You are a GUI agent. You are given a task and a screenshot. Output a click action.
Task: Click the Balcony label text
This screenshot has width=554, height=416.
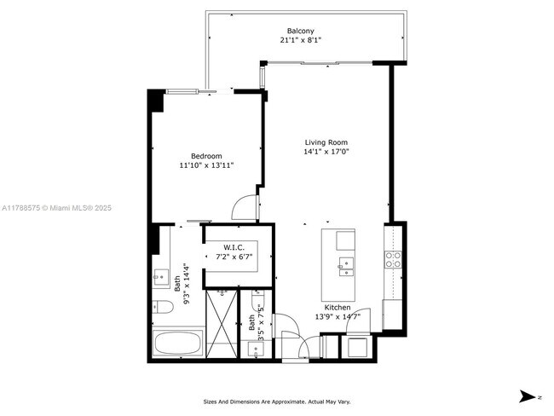300,32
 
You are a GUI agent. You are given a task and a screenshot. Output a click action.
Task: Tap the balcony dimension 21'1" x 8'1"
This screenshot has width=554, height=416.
300,41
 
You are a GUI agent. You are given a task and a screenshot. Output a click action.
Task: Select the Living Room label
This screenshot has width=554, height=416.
327,142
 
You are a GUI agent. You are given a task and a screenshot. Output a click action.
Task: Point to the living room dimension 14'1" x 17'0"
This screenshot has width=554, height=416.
327,152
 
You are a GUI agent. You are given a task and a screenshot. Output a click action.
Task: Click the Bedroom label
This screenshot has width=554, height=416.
206,156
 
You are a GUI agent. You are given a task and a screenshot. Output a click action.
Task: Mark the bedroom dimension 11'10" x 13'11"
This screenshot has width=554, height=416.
206,165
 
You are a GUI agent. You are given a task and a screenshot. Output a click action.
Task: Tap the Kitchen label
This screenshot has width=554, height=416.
337,307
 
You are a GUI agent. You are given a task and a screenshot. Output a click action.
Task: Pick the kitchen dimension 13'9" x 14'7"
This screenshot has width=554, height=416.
337,316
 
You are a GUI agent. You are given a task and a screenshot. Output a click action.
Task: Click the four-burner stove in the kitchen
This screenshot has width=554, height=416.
394,260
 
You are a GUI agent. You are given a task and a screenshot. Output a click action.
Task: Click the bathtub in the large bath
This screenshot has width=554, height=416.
177,345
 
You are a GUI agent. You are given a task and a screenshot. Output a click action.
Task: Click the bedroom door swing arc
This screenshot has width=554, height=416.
244,208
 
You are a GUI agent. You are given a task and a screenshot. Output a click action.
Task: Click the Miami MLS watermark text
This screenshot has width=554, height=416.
56,208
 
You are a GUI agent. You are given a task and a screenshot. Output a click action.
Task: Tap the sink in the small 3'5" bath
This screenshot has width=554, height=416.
258,348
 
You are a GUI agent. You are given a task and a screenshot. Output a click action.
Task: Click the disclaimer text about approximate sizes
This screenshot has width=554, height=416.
276,402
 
